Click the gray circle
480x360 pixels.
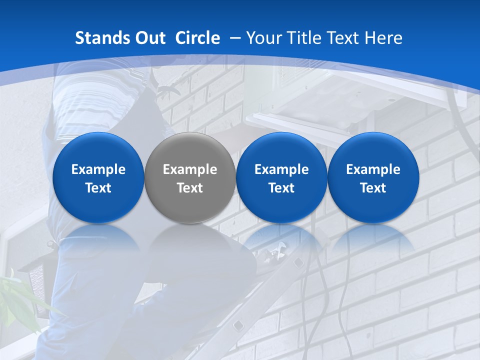(190, 178)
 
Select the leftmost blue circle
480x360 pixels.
(98, 178)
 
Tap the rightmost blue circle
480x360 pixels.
(373, 178)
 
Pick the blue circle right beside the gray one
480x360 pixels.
(281, 178)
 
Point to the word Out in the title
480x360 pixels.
(149, 38)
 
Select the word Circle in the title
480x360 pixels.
(197, 38)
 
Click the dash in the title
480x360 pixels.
(235, 38)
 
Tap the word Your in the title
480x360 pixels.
(263, 38)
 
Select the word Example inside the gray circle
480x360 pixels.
(190, 169)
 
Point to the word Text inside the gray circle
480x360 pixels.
(190, 188)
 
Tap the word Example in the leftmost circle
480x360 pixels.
(98, 169)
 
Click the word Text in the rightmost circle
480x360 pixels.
(373, 188)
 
